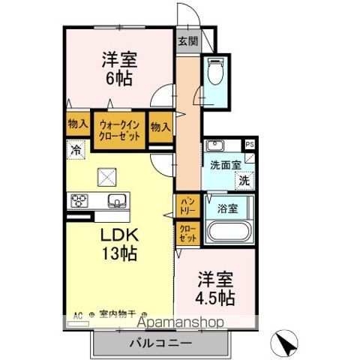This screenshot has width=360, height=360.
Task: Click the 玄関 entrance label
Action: pyautogui.click(x=188, y=41)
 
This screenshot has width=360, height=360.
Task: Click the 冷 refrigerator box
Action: pyautogui.click(x=76, y=149)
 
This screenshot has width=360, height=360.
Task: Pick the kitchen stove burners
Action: pyautogui.click(x=79, y=200)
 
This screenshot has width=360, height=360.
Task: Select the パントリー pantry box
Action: pyautogui.click(x=187, y=204)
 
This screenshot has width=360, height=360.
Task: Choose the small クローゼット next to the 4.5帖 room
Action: pyautogui.click(x=187, y=233)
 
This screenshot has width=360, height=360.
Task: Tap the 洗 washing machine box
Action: pyautogui.click(x=244, y=180)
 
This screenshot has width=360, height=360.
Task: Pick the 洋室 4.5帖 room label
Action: pyautogui.click(x=216, y=288)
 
